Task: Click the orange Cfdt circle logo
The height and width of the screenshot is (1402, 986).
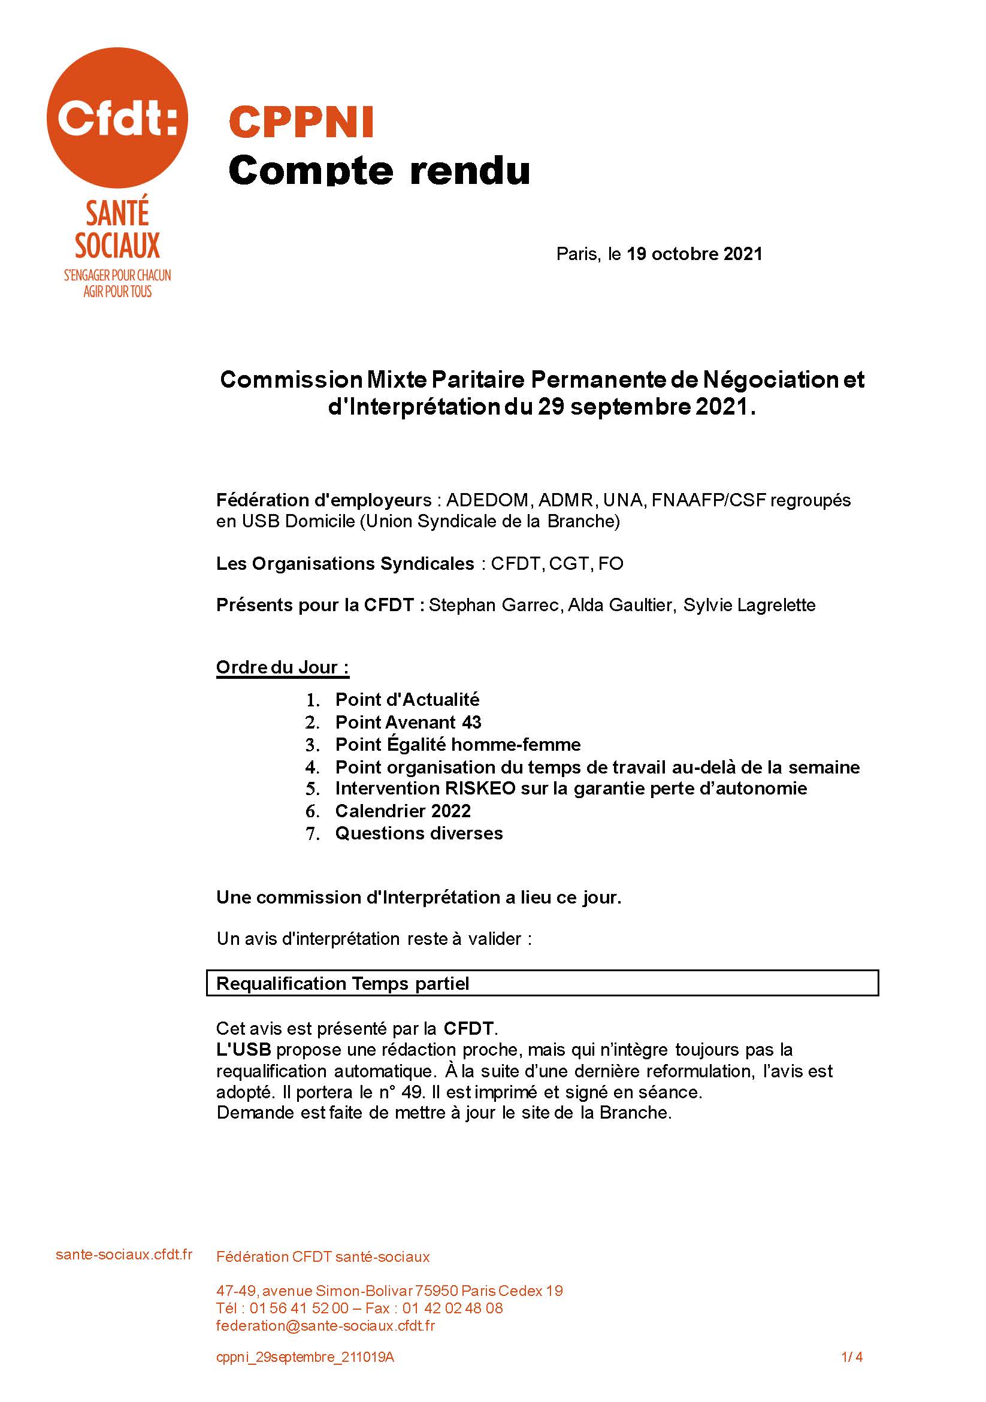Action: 117,118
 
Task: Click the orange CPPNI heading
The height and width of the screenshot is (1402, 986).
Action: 301,122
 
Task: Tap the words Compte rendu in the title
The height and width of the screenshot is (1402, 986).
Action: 379,170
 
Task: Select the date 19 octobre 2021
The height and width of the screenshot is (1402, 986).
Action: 694,254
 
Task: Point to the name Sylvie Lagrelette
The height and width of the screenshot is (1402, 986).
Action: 749,605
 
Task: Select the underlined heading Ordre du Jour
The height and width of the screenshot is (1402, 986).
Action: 282,667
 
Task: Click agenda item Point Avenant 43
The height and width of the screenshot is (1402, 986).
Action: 408,723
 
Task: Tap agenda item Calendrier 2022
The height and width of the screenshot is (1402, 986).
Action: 403,811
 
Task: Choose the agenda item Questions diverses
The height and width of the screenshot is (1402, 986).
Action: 419,833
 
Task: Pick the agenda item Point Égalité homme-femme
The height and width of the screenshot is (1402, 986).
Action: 458,745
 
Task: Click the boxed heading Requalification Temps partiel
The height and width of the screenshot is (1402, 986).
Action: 343,984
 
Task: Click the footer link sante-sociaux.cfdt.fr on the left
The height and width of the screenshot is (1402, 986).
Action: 124,1254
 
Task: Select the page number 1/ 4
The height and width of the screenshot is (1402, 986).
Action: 852,1358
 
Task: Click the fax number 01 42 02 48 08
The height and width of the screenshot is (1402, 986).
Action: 452,1308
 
